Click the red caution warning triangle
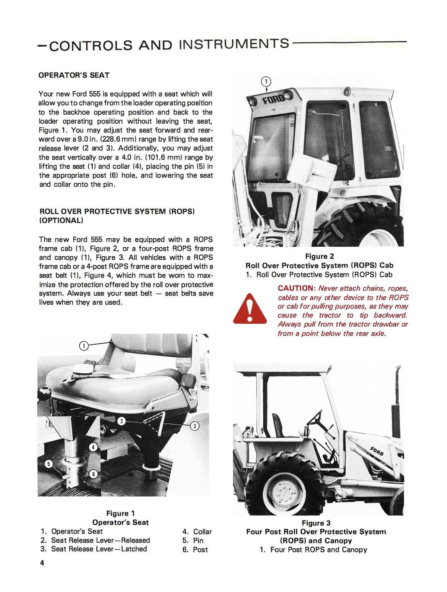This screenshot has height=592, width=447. coord(250,309)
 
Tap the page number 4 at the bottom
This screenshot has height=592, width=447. coord(42,563)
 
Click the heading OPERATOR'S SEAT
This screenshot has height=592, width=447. coord(74,75)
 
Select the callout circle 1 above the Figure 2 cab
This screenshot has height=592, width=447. coord(266,82)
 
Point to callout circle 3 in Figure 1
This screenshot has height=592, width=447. coord(194,426)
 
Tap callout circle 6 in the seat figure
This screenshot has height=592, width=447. coord(93,474)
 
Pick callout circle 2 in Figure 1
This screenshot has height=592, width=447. coord(121,421)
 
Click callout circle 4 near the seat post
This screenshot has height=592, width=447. coord(93,447)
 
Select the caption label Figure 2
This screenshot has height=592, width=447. coord(319,256)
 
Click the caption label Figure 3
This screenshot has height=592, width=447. coord(316,523)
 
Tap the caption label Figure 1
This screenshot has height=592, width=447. coord(120,513)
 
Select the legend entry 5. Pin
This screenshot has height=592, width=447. coord(193,541)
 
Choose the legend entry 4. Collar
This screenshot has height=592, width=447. coord(197,532)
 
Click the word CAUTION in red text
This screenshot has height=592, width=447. coord(297,288)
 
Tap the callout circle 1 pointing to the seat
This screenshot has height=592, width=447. coord(84,346)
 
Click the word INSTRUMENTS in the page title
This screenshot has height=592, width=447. coord(234,44)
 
